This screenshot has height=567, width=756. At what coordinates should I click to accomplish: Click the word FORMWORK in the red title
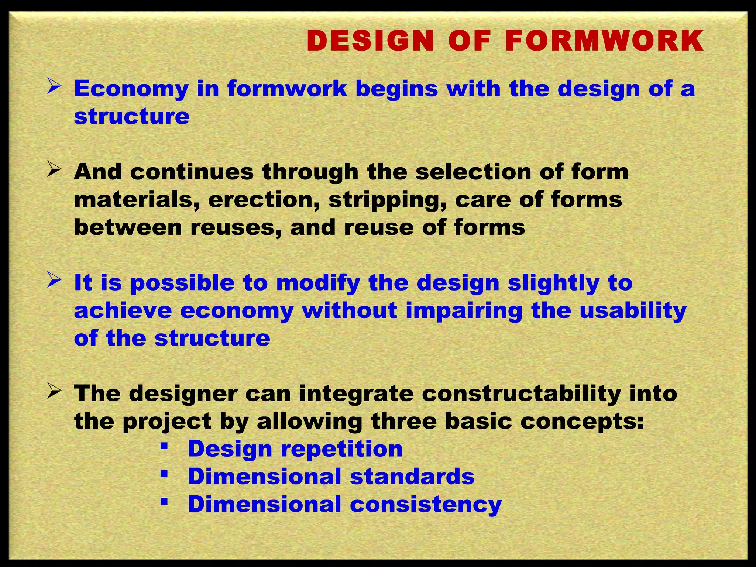pyautogui.click(x=604, y=41)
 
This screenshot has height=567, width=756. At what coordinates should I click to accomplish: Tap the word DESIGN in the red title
pyautogui.click(x=370, y=41)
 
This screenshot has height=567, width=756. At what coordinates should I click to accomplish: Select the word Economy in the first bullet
pyautogui.click(x=131, y=89)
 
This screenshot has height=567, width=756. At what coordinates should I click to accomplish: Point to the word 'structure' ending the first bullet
pyautogui.click(x=132, y=117)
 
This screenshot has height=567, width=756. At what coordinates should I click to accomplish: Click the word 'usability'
pyautogui.click(x=633, y=311)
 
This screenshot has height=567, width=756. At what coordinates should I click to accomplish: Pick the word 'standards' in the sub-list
pyautogui.click(x=412, y=477)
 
